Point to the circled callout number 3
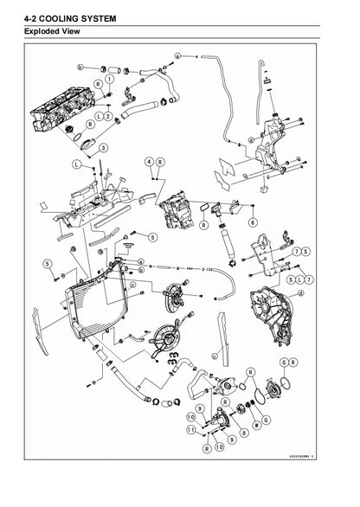(x=103, y=148)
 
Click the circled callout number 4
(x=150, y=162)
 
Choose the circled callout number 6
(x=253, y=221)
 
